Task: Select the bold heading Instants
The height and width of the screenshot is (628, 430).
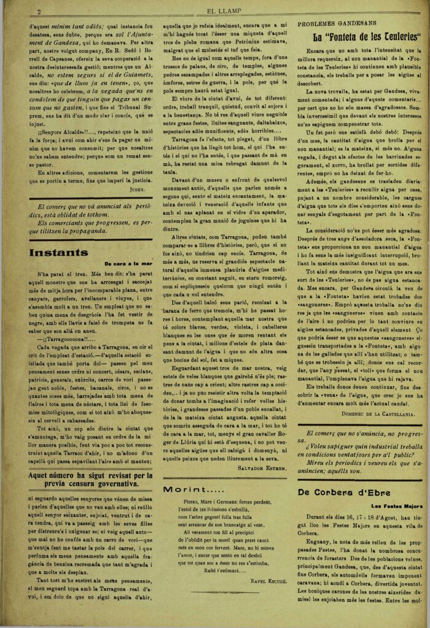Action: click(x=59, y=252)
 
